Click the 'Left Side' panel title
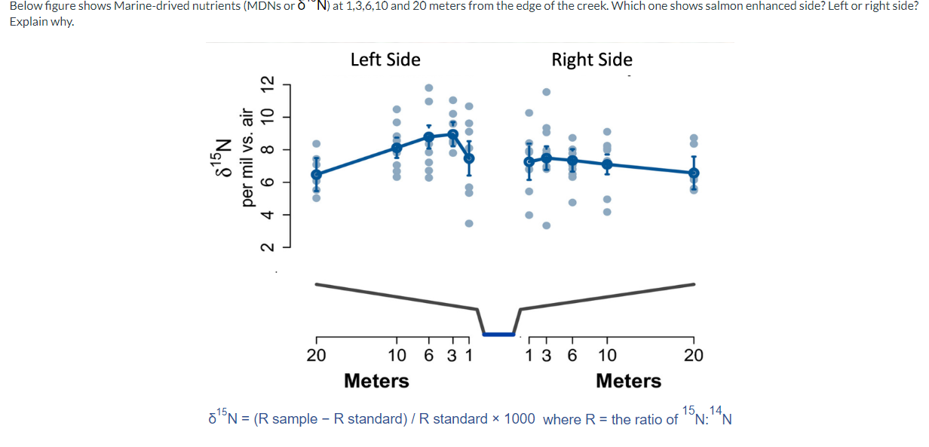385,60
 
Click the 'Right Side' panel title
592,60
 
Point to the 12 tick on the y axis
265,85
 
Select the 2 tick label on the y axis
265,247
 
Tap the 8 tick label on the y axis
265,150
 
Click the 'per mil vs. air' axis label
246,157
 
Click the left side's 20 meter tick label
315,355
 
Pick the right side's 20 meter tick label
693,355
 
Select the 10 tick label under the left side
397,355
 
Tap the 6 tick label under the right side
572,355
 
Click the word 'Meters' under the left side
376,381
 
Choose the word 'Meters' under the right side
628,381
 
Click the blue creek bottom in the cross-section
498,334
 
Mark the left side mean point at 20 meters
316,174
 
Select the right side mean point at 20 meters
694,173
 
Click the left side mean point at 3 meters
453,134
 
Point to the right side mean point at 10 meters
607,164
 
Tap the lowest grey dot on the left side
469,223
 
